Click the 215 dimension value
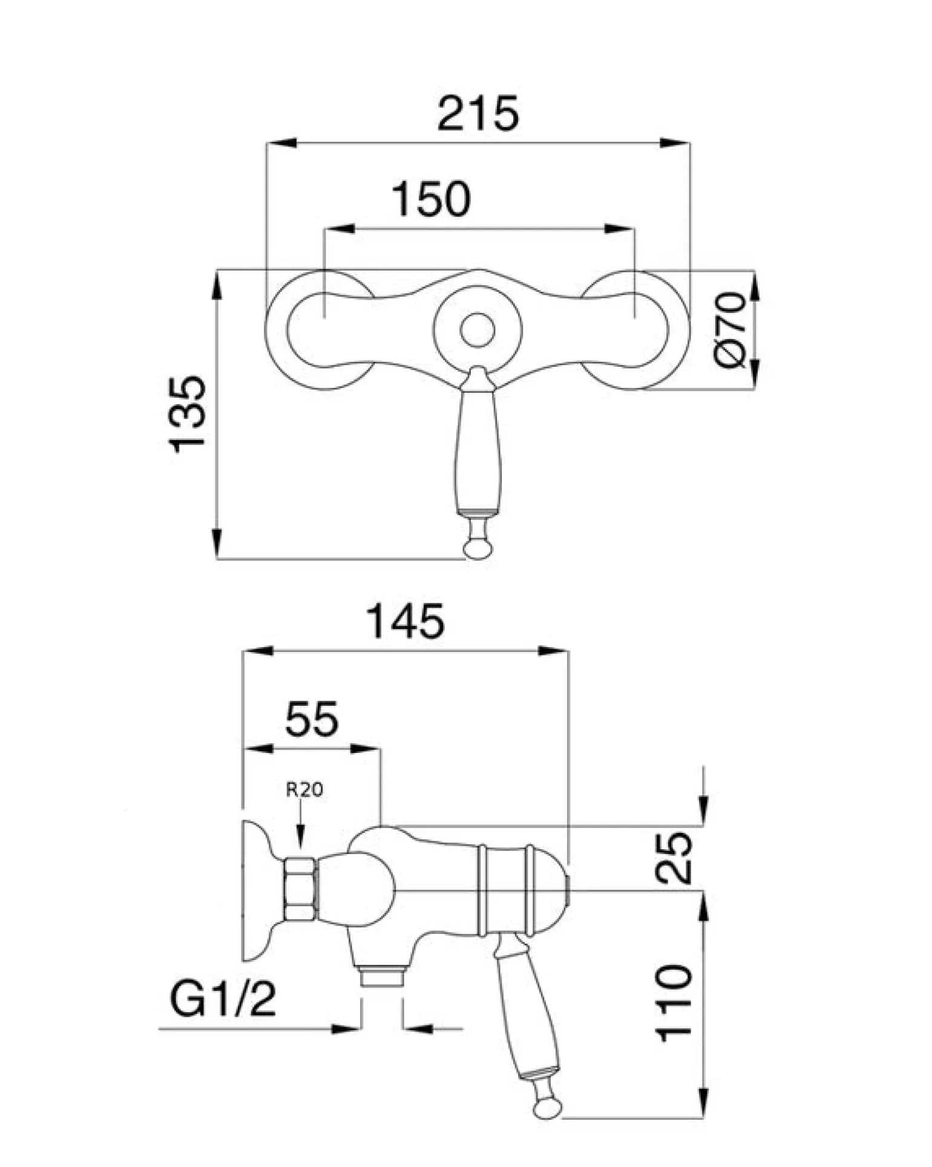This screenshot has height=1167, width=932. click(x=478, y=113)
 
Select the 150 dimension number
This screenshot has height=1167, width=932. click(x=431, y=199)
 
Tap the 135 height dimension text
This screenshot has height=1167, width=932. click(x=188, y=415)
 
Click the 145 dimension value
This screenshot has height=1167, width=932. click(x=406, y=621)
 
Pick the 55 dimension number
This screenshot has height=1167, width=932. click(x=312, y=719)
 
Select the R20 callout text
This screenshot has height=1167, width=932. click(x=304, y=789)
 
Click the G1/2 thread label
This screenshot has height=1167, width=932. click(x=223, y=999)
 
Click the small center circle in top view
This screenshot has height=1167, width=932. click(x=477, y=330)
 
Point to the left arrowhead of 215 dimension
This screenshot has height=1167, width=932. click(x=281, y=143)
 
